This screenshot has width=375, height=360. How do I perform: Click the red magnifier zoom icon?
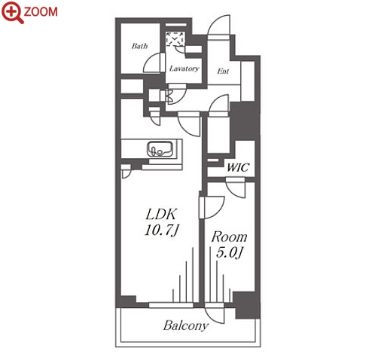13,12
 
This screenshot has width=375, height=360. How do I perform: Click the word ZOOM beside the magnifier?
41,12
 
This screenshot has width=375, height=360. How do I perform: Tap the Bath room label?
139,46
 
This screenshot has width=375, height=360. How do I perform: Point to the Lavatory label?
184,69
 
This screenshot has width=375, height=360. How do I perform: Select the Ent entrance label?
223,72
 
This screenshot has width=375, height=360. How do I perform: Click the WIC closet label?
238,167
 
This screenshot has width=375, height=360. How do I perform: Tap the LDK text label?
162,215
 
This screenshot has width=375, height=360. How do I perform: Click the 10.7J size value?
161,230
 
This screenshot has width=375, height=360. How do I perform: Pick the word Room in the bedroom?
229,237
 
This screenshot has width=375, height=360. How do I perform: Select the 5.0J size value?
229,252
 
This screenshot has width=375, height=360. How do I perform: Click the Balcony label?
186,325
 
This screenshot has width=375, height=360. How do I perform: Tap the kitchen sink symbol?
160,149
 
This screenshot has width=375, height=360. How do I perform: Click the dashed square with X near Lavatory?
175,38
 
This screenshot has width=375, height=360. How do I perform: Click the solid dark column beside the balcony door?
246,305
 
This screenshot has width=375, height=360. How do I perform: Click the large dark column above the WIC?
244,121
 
